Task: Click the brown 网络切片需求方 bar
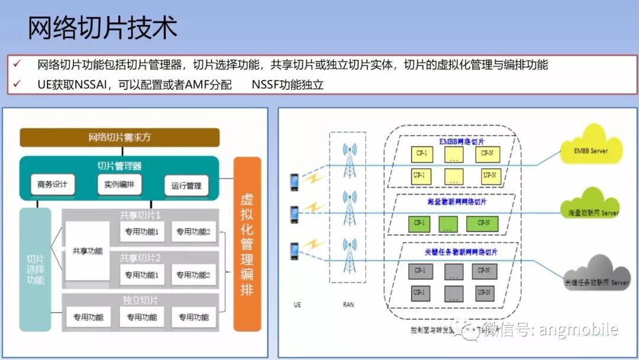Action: point(120,137)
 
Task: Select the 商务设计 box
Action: point(53,185)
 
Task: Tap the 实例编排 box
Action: point(120,185)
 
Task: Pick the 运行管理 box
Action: point(186,186)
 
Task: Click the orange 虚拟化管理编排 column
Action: point(247,244)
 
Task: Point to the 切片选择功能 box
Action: point(35,269)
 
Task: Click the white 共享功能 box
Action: point(88,251)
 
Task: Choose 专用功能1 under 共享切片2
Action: point(141,275)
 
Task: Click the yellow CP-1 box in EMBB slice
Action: point(421,154)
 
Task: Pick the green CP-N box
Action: point(482,223)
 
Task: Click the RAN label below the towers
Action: point(348,305)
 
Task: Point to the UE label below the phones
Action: point(297,305)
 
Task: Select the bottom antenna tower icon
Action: point(351,255)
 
